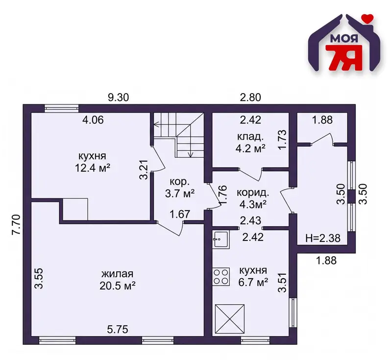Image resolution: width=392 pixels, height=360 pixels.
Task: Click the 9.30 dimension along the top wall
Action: click(118, 97)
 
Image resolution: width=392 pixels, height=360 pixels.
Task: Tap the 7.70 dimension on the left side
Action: click(16, 225)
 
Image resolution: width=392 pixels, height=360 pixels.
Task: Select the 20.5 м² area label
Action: click(118, 286)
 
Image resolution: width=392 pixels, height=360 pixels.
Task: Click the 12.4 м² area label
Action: click(93, 168)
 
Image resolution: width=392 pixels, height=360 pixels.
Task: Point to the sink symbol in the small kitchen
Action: click(221, 240)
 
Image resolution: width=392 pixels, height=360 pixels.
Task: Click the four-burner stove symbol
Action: click(221, 277)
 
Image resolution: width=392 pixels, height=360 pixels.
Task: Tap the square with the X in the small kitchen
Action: click(229, 319)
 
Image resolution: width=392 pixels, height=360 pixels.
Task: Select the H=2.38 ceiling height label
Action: click(323, 239)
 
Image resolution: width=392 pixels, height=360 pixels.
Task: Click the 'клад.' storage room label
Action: click(250, 137)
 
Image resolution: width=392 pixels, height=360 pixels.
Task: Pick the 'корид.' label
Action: click(253, 193)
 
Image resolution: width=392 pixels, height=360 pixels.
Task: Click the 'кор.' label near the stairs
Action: click(179, 182)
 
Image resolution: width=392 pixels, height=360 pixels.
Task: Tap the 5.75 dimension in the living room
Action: click(118, 330)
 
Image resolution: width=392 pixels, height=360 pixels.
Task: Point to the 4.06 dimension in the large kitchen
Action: click(93, 120)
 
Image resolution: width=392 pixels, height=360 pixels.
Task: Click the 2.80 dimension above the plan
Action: click(250, 97)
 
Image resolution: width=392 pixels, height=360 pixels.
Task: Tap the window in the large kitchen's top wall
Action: click(62, 108)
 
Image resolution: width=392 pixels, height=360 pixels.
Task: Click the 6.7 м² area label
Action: click(253, 283)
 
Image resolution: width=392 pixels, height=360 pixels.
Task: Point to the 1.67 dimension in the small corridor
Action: click(180, 214)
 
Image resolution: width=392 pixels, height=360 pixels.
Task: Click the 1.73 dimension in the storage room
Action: click(282, 140)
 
